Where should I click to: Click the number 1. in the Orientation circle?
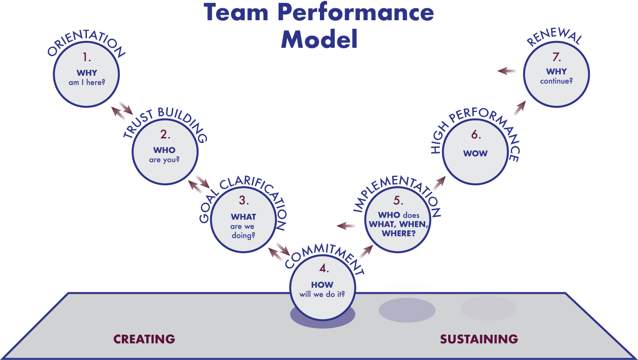coord(86,57)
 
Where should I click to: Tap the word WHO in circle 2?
coord(164,150)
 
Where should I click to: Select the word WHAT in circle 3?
coord(243,217)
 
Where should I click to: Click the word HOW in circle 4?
coord(322,285)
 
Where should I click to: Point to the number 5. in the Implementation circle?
coord(398,201)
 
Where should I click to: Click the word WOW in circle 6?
coord(475,153)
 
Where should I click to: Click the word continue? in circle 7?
coord(556,81)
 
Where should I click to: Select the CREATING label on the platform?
coord(144,339)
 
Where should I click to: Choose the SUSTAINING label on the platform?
coord(478,339)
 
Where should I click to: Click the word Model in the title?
coord(319,39)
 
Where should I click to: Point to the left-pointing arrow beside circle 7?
coord(507,71)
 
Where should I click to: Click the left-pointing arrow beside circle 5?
coord(347,225)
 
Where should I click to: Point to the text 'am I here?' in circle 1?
coord(87,82)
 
